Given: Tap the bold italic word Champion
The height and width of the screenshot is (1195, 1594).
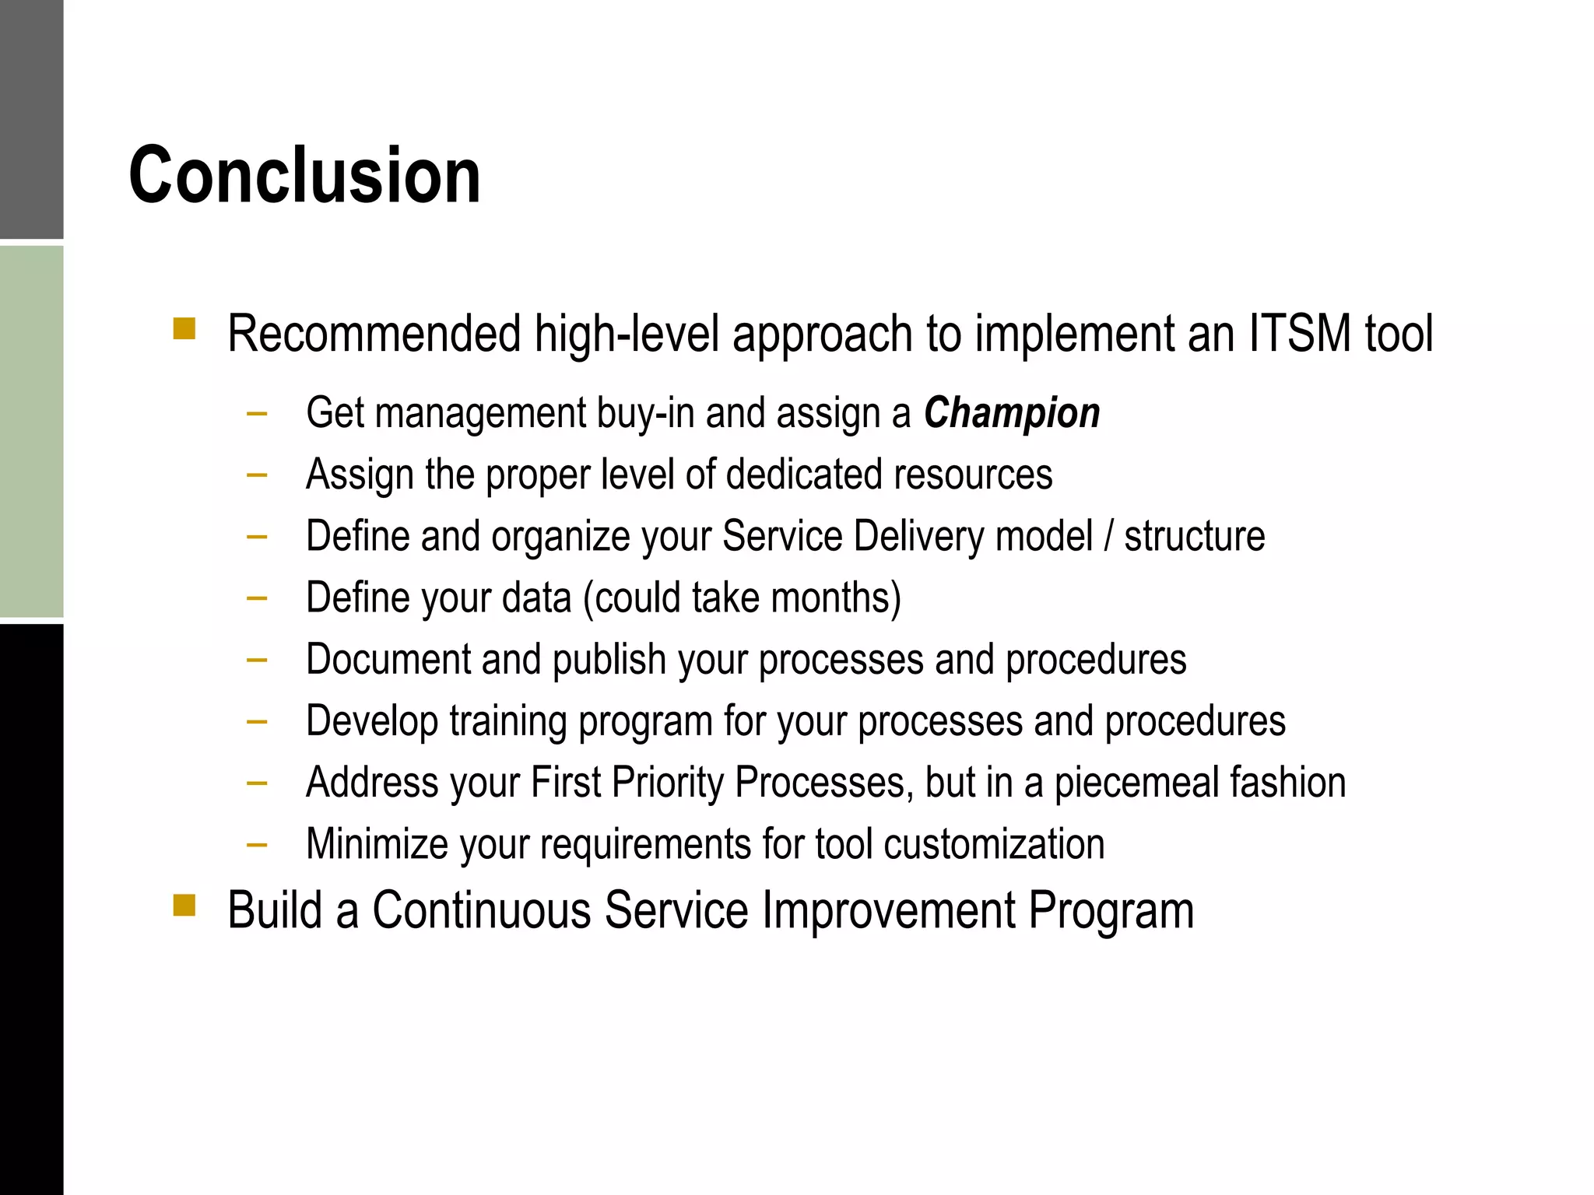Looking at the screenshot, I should [x=1012, y=413].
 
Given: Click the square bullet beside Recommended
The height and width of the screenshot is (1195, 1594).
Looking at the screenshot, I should [x=184, y=328].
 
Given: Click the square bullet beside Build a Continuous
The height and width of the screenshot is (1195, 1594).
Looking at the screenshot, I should [x=184, y=905].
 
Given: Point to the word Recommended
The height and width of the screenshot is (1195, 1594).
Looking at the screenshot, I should [x=374, y=334].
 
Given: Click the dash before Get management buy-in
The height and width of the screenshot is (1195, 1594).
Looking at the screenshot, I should [x=257, y=413].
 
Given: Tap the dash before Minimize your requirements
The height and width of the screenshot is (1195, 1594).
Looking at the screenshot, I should [x=257, y=844].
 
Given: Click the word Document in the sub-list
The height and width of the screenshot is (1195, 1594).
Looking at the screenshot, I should [x=388, y=660].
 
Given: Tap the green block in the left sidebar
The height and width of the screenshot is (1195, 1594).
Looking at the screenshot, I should [x=31, y=432].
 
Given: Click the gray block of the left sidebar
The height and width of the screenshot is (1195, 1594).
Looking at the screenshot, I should [x=31, y=119].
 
